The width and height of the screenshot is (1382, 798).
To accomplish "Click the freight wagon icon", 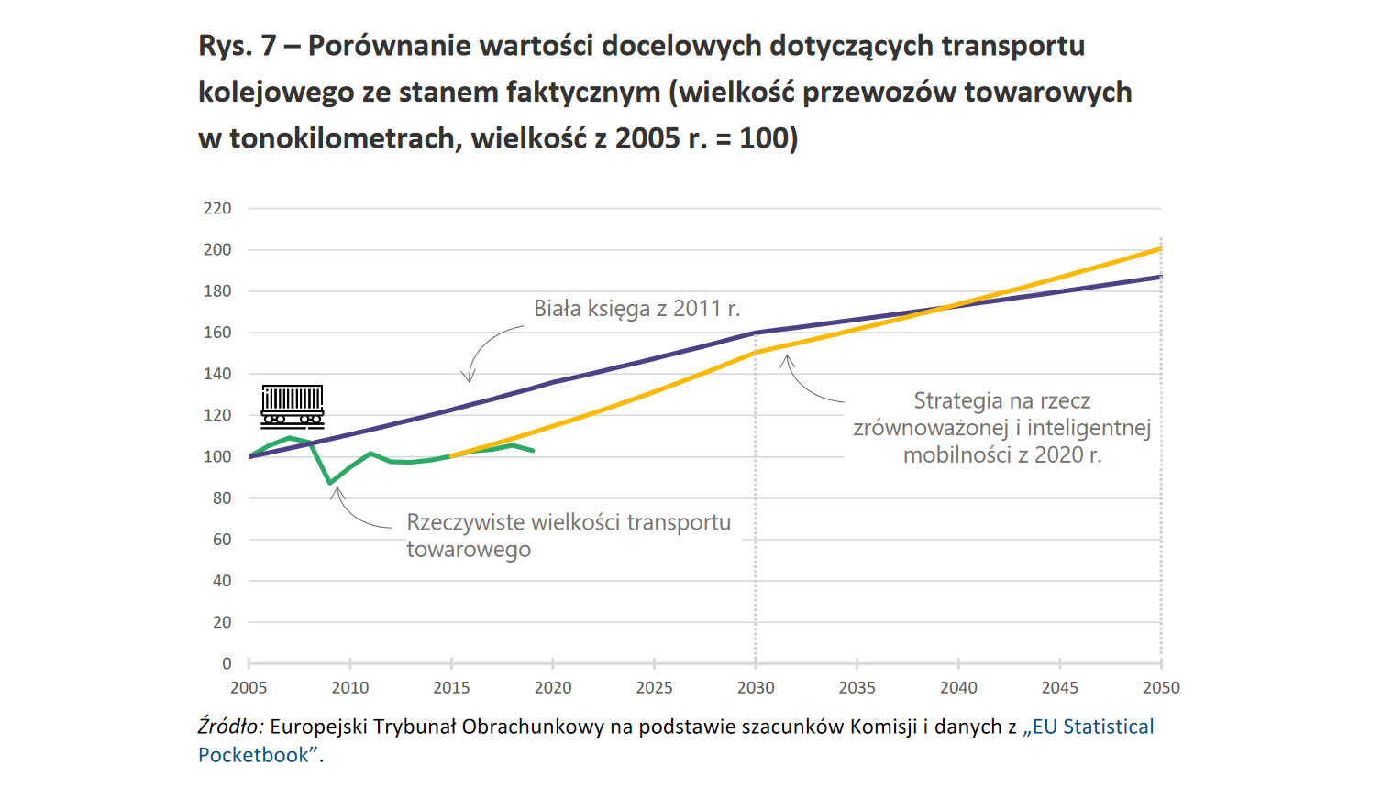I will [293, 407].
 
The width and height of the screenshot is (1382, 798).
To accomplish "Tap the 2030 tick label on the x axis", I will [756, 688].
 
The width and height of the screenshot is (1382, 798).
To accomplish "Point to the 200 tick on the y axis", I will [217, 250].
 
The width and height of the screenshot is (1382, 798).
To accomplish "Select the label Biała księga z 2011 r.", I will [636, 309].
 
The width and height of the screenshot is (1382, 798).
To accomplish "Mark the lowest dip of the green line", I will [330, 483].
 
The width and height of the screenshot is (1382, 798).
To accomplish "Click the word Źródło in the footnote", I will [230, 727].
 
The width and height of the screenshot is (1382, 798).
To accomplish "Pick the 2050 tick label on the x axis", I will [1161, 688].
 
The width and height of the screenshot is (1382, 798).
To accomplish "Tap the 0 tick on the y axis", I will [227, 663].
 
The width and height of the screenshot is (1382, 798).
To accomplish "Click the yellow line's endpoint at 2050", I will [1161, 248].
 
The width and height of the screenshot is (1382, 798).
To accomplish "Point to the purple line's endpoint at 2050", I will [1161, 276].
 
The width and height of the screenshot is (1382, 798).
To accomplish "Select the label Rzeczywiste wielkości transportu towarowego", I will [568, 536].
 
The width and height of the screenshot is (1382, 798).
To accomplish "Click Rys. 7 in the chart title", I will [237, 46].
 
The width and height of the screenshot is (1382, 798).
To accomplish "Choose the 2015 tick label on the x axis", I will [451, 688].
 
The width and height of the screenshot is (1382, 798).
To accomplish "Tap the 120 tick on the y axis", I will [217, 415].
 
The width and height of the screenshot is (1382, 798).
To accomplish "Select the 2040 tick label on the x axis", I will [958, 688].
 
